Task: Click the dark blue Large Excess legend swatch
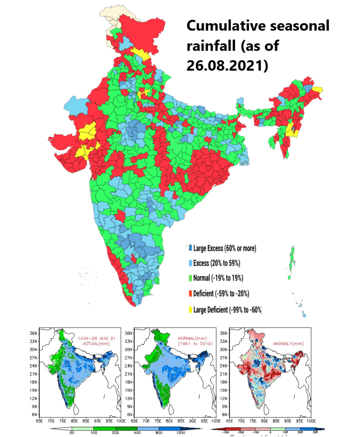pyautogui.click(x=189, y=248)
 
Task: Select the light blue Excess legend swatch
pyautogui.click(x=189, y=263)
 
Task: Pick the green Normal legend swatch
pyautogui.click(x=189, y=278)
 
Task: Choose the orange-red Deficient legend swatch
pyautogui.click(x=189, y=294)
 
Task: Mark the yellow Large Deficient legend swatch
pyautogui.click(x=189, y=309)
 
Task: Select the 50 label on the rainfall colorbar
pyautogui.click(x=72, y=432)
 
